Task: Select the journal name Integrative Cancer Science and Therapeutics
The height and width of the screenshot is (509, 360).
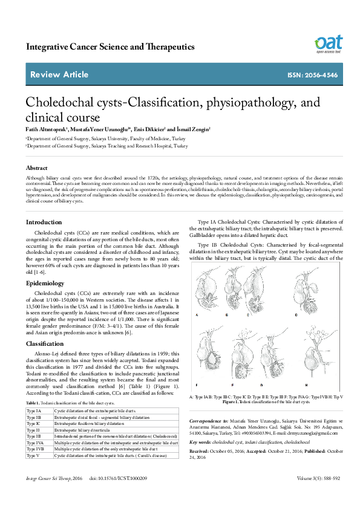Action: pyautogui.click(x=110, y=47)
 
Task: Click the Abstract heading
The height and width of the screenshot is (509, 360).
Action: pyautogui.click(x=36, y=167)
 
